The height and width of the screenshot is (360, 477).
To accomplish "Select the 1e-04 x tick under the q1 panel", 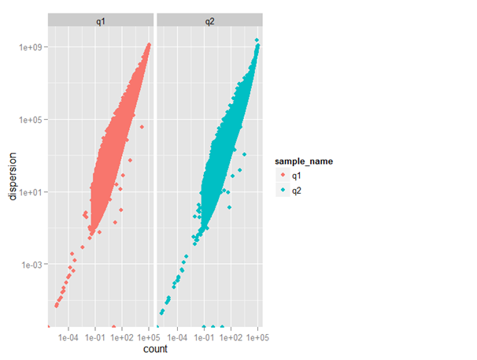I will coord(68,336).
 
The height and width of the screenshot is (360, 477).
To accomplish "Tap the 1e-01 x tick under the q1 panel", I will coord(95,336).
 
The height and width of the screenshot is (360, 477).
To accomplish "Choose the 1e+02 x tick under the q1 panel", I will coord(122,336).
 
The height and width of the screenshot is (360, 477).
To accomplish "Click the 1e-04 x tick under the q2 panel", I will coord(177,336).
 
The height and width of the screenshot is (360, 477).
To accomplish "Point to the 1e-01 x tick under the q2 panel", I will coord(204,336).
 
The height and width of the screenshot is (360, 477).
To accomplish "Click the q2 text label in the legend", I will coord(295,190).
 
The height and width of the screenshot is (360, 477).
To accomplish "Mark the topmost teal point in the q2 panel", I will coord(257,40).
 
